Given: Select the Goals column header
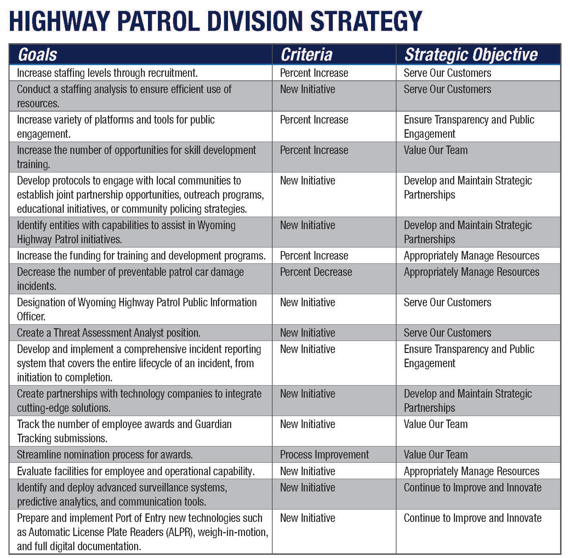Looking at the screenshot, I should (x=37, y=55).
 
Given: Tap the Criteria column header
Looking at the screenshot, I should (x=306, y=55).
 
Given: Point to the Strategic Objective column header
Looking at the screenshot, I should (x=471, y=55).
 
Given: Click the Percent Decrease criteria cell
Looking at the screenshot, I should (x=316, y=272).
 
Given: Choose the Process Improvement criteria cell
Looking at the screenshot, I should (x=324, y=455).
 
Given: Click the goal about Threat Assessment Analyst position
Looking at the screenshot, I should (x=109, y=333).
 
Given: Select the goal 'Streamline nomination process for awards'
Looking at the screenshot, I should (x=105, y=455).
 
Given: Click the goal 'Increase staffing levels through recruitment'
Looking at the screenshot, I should (x=107, y=73).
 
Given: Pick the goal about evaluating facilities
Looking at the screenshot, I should (x=136, y=471).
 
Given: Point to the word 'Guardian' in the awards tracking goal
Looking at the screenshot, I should (x=213, y=424).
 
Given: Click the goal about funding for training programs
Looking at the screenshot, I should (x=141, y=256).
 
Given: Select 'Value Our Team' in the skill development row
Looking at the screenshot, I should (x=435, y=150).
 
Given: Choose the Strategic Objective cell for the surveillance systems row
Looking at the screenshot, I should (x=472, y=488).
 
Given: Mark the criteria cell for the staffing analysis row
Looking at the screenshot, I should (x=307, y=89).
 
